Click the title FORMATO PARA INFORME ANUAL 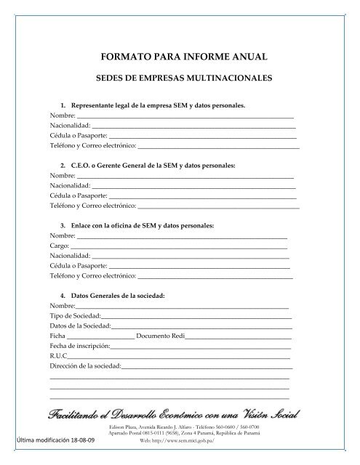coord(180,55)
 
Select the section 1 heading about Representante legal coord(153,105)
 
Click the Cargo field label coord(59,246)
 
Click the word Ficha coord(57,336)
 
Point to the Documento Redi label coord(161,336)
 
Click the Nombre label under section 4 coord(62,306)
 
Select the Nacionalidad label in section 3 coord(70,256)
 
